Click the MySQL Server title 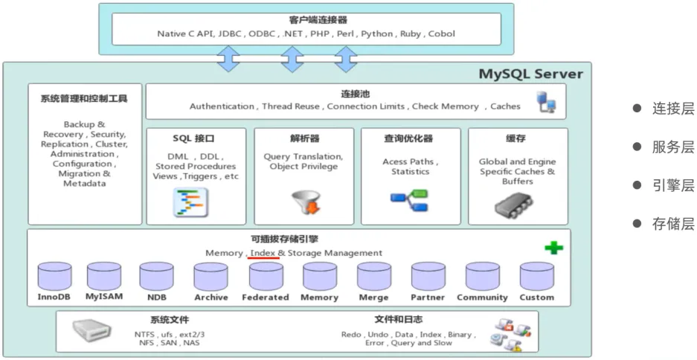pyautogui.click(x=530, y=74)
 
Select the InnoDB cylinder pyautogui.click(x=55, y=276)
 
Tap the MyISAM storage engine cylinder pyautogui.click(x=104, y=276)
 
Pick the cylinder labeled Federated pyautogui.click(x=266, y=277)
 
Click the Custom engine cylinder pyautogui.click(x=537, y=277)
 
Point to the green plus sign pyautogui.click(x=554, y=248)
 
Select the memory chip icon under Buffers pyautogui.click(x=514, y=206)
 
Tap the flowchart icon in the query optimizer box pyautogui.click(x=409, y=200)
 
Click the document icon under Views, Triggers pyautogui.click(x=190, y=202)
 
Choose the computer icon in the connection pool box pyautogui.click(x=546, y=102)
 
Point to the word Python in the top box pyautogui.click(x=377, y=33)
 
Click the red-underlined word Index pyautogui.click(x=263, y=253)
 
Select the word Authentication pyautogui.click(x=222, y=106)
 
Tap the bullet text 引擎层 pyautogui.click(x=672, y=185)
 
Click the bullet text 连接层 pyautogui.click(x=672, y=109)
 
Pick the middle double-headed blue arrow pyautogui.click(x=292, y=59)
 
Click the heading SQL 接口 pyautogui.click(x=193, y=138)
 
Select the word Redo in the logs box pyautogui.click(x=351, y=334)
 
